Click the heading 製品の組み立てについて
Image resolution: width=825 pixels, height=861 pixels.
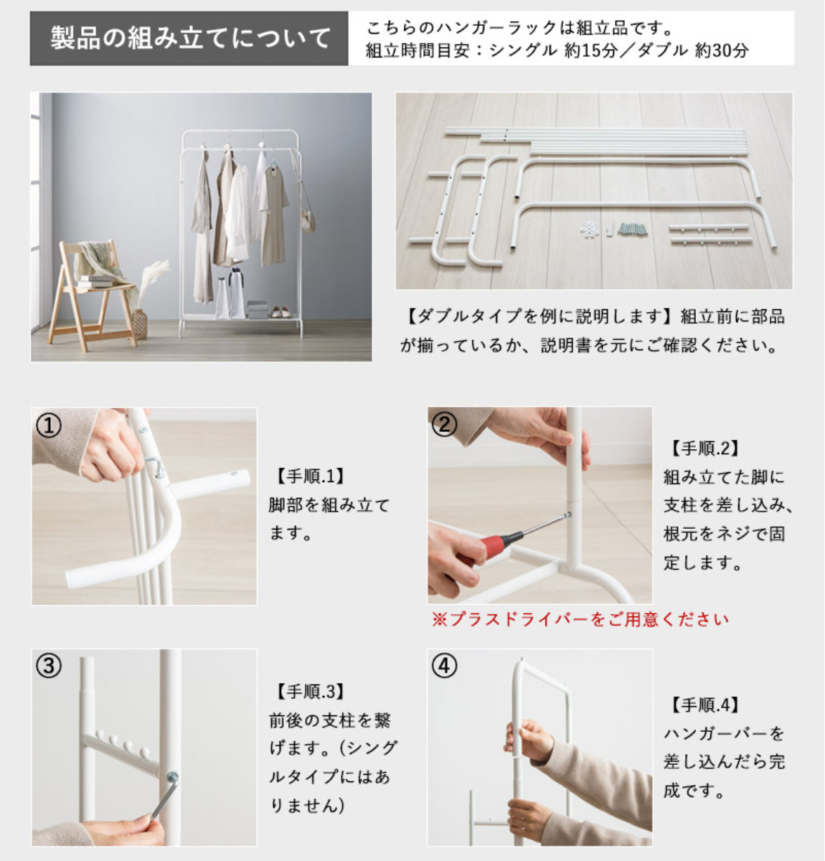190,38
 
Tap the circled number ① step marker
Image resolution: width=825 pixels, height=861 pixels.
49,425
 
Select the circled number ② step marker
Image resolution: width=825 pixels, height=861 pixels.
445,424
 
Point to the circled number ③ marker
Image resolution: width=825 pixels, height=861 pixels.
49,667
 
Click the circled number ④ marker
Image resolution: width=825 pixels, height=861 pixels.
444,666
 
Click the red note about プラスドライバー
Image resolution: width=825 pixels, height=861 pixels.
580,619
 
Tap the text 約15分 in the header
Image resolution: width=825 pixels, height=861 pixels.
590,51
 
